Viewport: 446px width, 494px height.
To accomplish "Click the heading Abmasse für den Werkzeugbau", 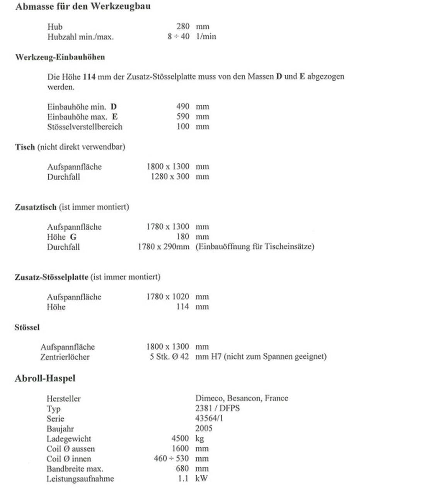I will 83,7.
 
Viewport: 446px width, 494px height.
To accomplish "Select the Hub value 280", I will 183,26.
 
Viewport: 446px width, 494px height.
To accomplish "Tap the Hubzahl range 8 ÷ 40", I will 179,36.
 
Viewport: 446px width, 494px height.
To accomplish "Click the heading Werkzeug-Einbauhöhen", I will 60,57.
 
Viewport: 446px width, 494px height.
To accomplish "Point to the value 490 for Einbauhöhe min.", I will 183,107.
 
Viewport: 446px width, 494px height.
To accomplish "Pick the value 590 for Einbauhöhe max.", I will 183,117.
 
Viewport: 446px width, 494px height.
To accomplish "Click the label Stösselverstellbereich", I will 85,127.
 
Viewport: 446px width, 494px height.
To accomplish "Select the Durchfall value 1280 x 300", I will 170,177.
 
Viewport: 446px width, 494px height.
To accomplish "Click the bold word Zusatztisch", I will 36,207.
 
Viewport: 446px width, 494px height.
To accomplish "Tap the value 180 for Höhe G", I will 183,237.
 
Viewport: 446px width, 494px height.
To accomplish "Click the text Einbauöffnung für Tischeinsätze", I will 255,246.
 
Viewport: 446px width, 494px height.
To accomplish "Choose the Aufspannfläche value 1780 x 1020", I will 168,297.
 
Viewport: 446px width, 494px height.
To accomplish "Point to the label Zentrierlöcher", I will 65,357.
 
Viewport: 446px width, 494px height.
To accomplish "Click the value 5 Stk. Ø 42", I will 169,357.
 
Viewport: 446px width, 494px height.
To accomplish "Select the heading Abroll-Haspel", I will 45,378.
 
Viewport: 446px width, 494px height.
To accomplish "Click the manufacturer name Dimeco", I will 209,398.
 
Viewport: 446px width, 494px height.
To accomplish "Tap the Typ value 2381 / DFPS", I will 217,408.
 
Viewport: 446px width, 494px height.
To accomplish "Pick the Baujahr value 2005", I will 204,428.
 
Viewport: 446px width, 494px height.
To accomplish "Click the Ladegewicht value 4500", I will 180,438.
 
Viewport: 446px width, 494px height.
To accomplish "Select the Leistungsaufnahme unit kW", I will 201,479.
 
